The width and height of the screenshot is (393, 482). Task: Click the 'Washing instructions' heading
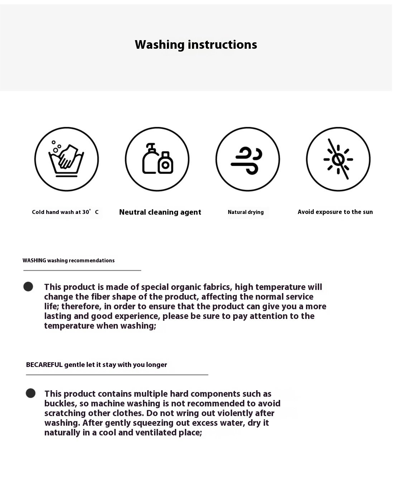pos(196,44)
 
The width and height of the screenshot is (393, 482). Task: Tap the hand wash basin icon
pos(66,159)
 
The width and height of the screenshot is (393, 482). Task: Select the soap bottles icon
pos(157,159)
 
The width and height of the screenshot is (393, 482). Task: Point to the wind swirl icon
pos(248,159)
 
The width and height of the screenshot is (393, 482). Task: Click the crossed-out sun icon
pos(338,159)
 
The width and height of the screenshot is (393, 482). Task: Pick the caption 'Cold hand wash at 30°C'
pos(65,212)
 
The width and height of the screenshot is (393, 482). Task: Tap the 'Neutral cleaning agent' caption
pos(160,212)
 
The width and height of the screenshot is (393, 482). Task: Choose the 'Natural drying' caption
pos(246,212)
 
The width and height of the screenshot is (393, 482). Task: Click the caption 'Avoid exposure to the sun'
pos(335,212)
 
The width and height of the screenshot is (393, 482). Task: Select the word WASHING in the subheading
pos(34,261)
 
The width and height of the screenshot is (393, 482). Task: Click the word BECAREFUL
pos(44,365)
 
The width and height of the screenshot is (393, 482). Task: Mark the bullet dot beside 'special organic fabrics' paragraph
pos(28,286)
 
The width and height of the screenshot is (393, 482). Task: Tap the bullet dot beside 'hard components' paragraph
pos(31,393)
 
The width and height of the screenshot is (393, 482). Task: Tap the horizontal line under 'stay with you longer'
pos(117,375)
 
